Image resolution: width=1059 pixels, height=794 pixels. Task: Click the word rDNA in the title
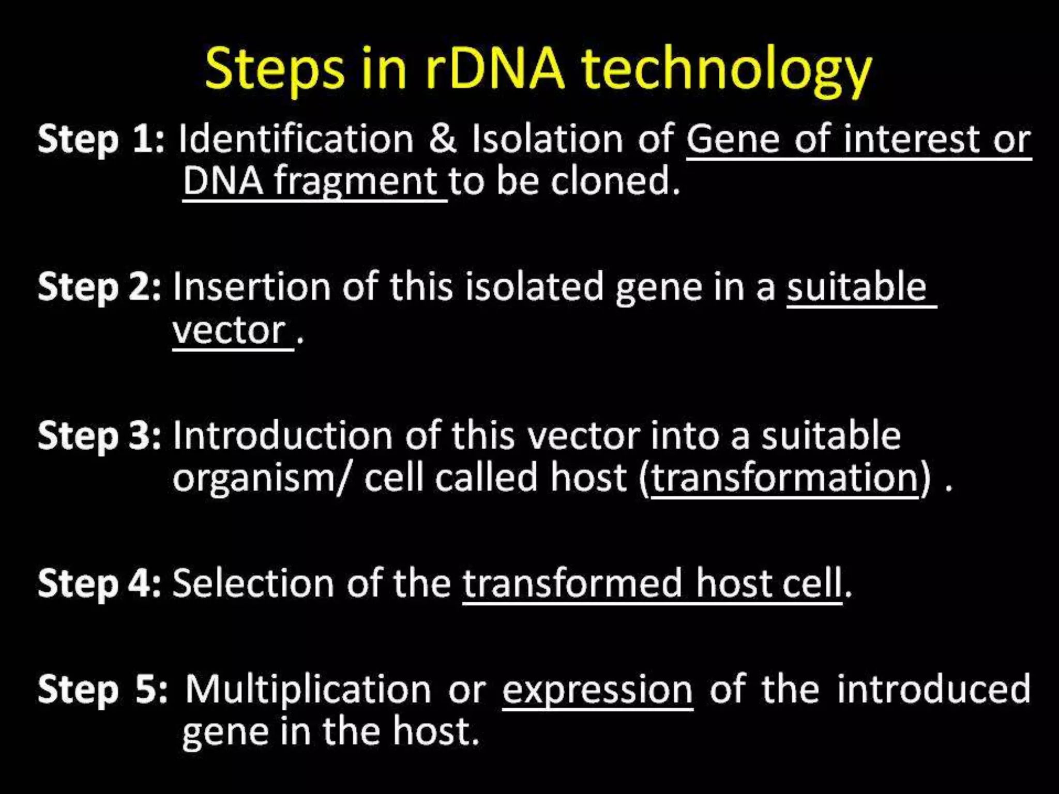(495, 70)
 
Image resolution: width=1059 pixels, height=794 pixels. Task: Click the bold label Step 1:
(101, 140)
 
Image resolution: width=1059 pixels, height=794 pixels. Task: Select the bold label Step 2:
(99, 287)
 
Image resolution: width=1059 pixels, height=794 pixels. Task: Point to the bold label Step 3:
(99, 435)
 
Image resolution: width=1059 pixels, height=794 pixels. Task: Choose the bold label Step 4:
(99, 583)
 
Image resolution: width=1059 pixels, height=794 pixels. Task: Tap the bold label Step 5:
(102, 690)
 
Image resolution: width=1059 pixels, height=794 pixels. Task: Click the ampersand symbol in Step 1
(443, 140)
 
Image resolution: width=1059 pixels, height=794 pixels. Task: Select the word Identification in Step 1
(296, 140)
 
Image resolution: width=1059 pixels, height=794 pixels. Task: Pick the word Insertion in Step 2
(251, 286)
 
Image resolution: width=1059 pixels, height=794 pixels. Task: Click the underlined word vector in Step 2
(229, 331)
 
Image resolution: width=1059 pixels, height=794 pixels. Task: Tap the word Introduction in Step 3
(282, 435)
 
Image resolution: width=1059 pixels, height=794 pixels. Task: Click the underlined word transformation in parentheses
(784, 478)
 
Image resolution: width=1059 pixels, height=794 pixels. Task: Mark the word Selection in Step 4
(253, 583)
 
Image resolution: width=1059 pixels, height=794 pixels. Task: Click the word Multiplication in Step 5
(308, 690)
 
